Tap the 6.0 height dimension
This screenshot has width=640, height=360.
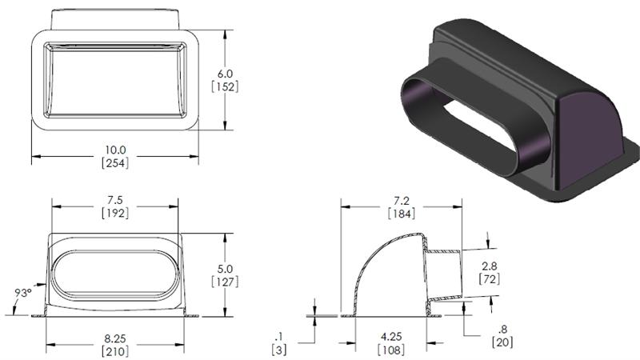point(226,72)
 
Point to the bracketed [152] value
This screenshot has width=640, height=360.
point(226,86)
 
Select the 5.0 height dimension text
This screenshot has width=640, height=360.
point(226,268)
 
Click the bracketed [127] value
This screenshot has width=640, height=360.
point(226,282)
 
